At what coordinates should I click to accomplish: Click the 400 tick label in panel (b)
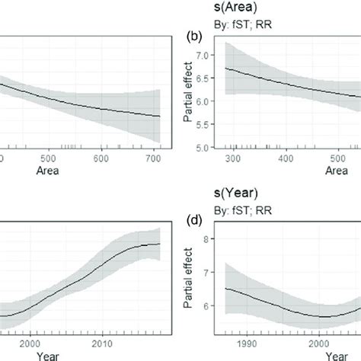[286, 158]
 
